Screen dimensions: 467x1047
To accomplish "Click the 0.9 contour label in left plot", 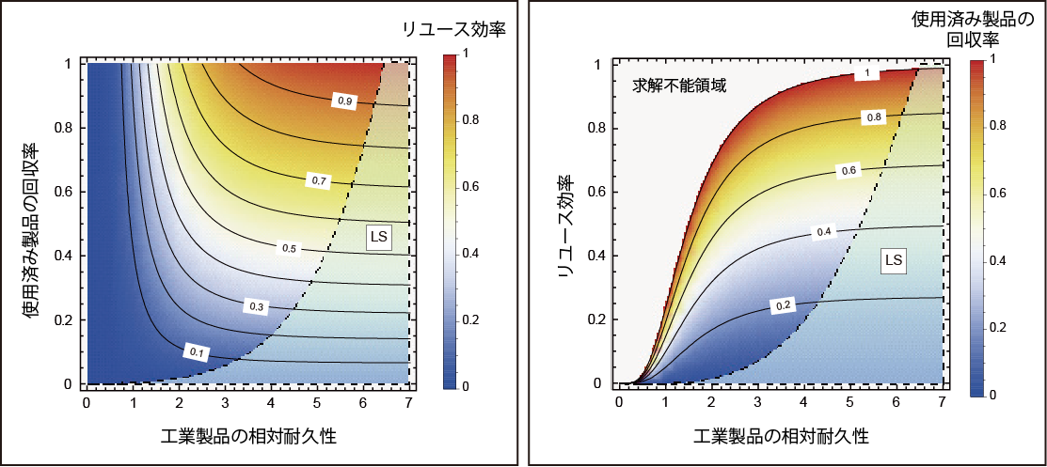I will (x=345, y=100).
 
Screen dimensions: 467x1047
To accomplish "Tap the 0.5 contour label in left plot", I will (x=289, y=248).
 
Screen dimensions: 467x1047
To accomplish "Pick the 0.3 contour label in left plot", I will (x=257, y=305).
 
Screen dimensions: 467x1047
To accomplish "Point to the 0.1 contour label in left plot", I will (x=197, y=351).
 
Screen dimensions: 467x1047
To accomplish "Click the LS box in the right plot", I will (x=893, y=259).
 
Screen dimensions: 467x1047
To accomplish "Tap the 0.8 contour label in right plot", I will (x=874, y=117).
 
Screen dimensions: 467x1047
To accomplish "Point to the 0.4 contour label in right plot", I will (x=824, y=231).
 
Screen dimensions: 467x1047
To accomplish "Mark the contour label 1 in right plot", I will (x=867, y=74).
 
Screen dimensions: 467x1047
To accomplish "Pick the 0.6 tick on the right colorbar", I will (x=991, y=193).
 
